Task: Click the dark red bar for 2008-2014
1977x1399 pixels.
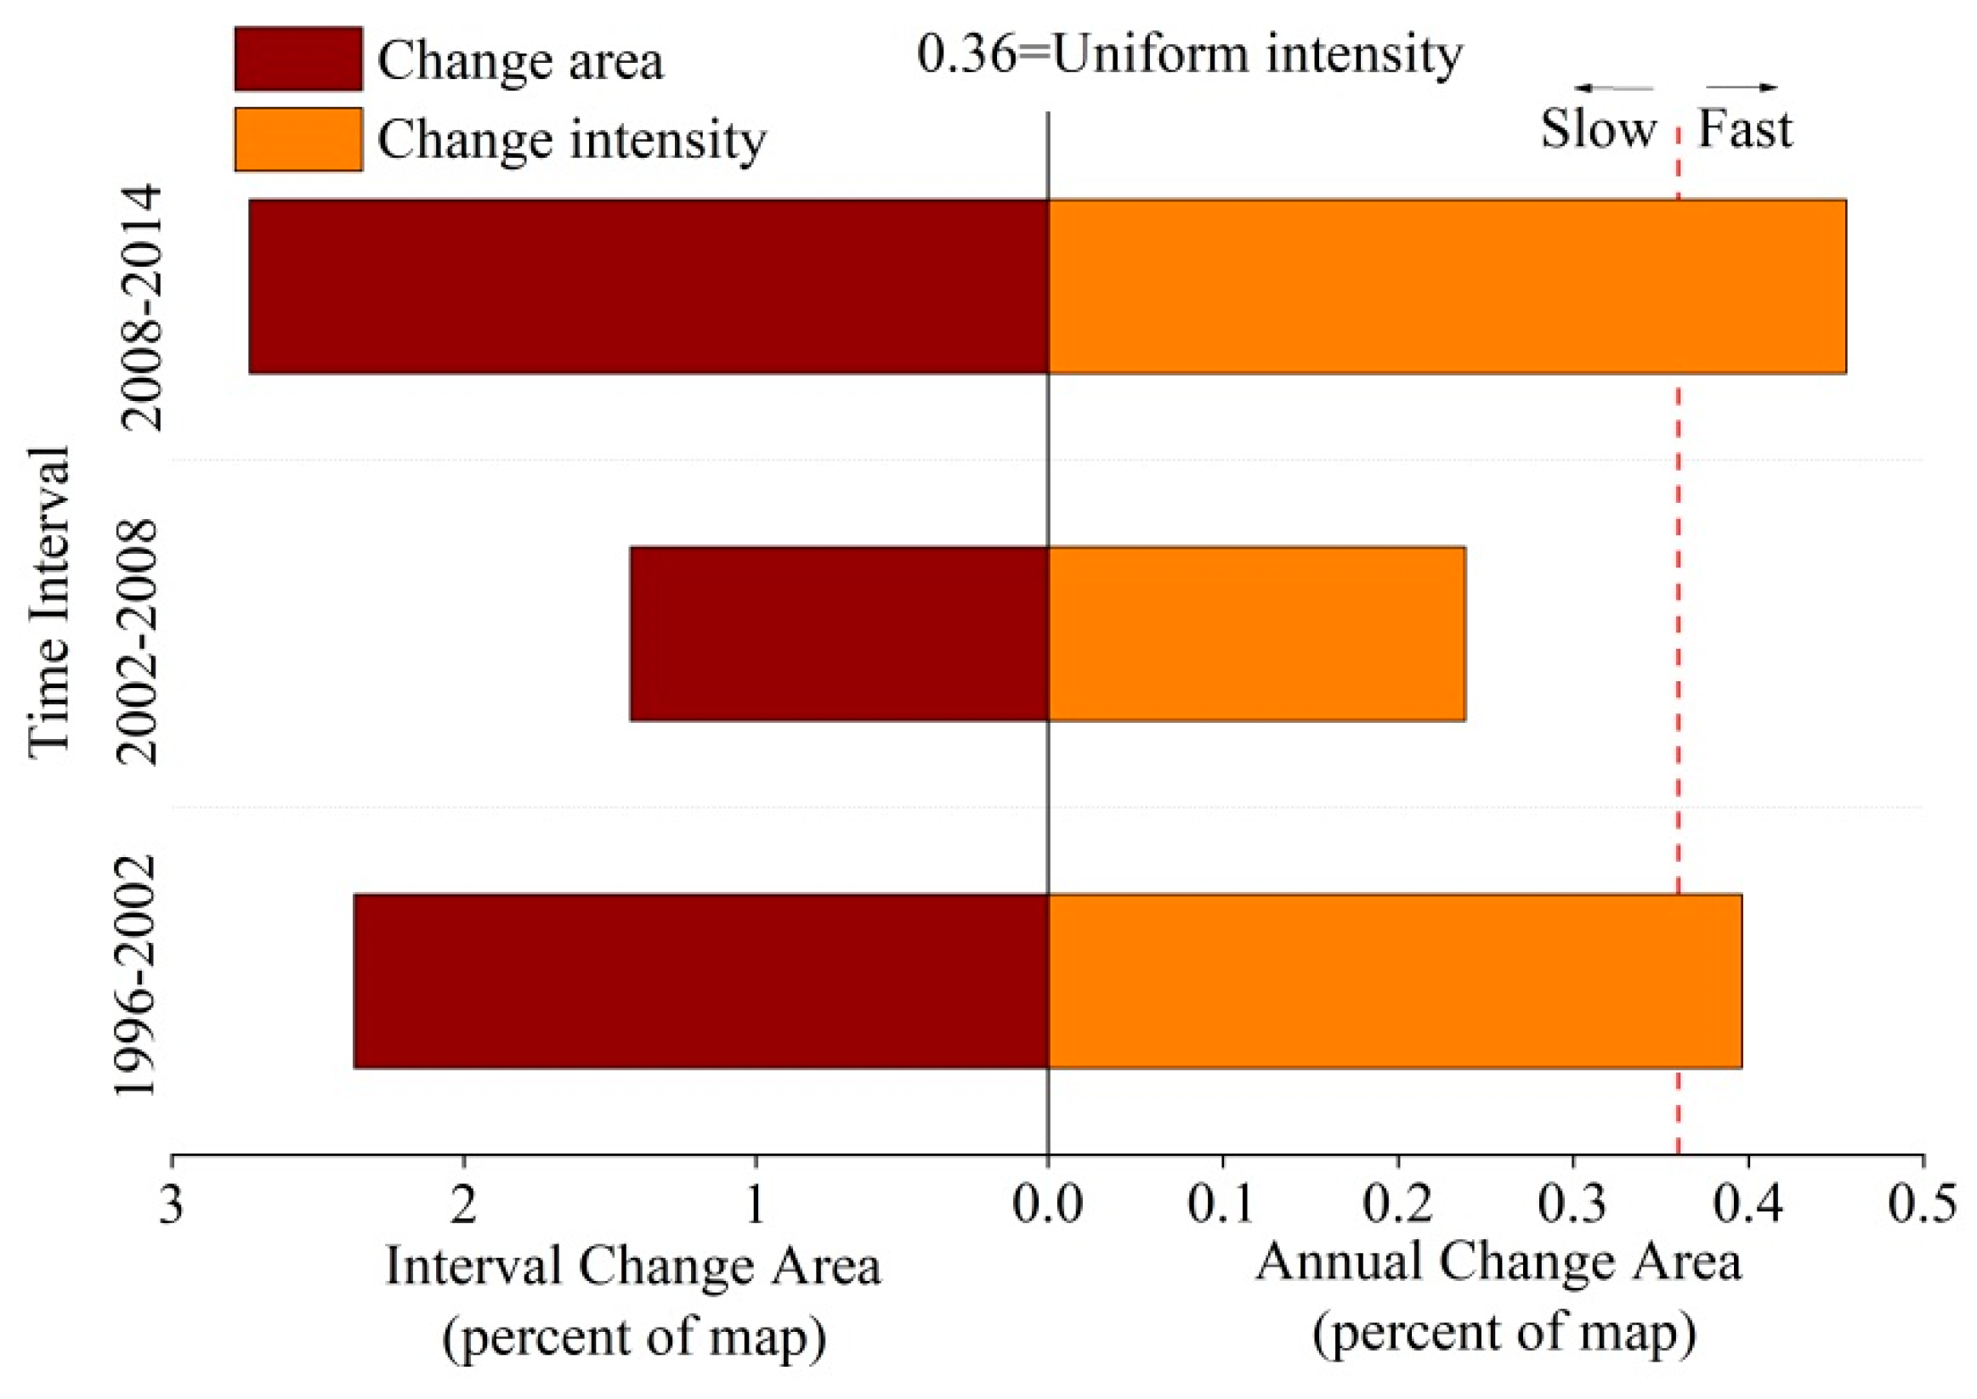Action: coord(648,286)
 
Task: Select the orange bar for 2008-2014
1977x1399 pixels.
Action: coord(1446,286)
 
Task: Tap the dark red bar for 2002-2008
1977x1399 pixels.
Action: coord(838,633)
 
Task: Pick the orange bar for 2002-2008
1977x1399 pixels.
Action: coord(1255,633)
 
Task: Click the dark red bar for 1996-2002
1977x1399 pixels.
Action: coord(700,981)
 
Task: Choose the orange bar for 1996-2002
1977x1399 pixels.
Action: coord(1395,981)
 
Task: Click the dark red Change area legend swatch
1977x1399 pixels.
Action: coord(298,59)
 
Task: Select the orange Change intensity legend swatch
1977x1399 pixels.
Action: coord(298,138)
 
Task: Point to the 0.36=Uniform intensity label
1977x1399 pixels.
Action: coord(1189,54)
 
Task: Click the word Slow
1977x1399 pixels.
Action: coord(1598,129)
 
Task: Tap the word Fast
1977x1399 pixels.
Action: coord(1744,129)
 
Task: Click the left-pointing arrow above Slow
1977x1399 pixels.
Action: coord(1613,87)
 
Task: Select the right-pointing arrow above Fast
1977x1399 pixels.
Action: coord(1741,87)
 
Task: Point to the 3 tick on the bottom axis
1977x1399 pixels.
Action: coord(172,1205)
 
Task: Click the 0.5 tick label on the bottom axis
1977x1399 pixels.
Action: coord(1922,1205)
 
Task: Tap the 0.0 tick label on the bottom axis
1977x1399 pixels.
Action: coord(1047,1205)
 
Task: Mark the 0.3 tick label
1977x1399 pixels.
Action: coord(1572,1205)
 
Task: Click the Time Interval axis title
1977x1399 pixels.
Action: coord(48,603)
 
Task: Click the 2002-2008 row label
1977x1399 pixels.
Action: coord(138,642)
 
